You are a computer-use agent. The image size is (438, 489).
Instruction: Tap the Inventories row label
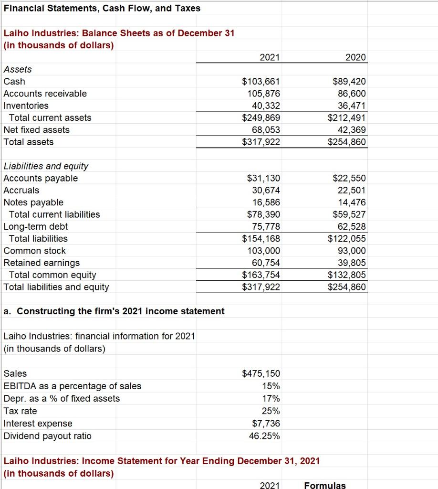point(26,106)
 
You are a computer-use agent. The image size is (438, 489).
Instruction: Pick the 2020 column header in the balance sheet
point(356,57)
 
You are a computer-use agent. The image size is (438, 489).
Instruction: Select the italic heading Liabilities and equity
point(46,166)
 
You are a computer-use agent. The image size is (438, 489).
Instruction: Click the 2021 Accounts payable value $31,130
point(263,178)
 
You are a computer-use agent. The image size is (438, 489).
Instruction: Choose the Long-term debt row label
point(36,226)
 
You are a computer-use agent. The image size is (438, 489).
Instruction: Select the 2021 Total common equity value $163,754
point(261,275)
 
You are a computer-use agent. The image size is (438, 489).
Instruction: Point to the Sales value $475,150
point(261,373)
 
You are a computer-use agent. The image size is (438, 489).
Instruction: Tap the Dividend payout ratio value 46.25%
point(264,436)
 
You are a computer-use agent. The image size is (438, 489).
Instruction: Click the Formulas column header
point(324,485)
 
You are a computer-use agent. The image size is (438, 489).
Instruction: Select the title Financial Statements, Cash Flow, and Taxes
point(102,8)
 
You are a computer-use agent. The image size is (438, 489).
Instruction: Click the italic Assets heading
point(18,69)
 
